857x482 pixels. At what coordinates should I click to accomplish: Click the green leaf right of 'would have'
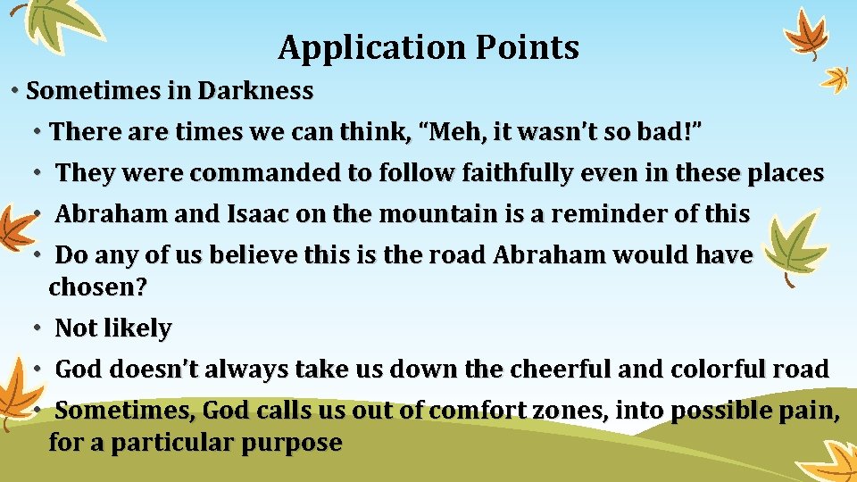click(795, 245)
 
